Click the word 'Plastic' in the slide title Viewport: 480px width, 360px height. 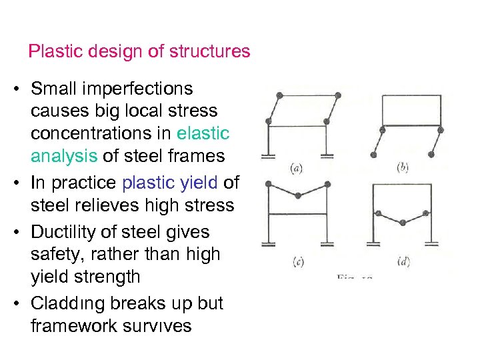pyautogui.click(x=51, y=51)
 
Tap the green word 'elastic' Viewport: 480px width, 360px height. pyautogui.click(x=203, y=133)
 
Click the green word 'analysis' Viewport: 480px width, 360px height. pyautogui.click(x=63, y=156)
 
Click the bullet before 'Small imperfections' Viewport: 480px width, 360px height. pyautogui.click(x=21, y=89)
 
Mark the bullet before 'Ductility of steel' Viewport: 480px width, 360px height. pyautogui.click(x=21, y=233)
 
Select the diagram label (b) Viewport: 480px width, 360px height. pyautogui.click(x=403, y=167)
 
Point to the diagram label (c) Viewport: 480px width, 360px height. pyautogui.click(x=297, y=261)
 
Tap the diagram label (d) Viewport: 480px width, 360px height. pyautogui.click(x=403, y=260)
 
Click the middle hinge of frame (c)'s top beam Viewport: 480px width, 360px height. pyautogui.click(x=297, y=195)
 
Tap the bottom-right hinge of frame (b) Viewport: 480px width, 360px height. pyautogui.click(x=431, y=154)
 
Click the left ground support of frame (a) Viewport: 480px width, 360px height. pyautogui.click(x=269, y=157)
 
